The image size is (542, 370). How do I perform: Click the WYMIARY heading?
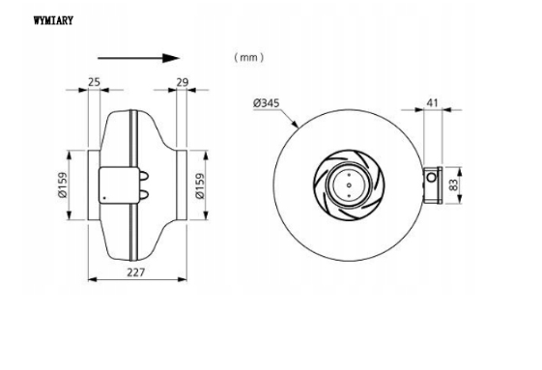tap(53, 20)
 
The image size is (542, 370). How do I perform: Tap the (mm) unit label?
tap(248, 57)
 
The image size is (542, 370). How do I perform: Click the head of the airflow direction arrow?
tap(171, 58)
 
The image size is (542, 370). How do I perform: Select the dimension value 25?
tap(94, 82)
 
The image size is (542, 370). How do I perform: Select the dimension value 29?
tap(183, 82)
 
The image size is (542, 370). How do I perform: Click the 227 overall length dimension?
tap(136, 272)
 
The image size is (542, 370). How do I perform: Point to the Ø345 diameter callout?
tap(266, 103)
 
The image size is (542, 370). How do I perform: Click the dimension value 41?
tap(432, 102)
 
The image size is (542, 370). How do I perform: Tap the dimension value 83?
tap(453, 185)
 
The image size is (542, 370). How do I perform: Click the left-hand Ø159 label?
tap(63, 185)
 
